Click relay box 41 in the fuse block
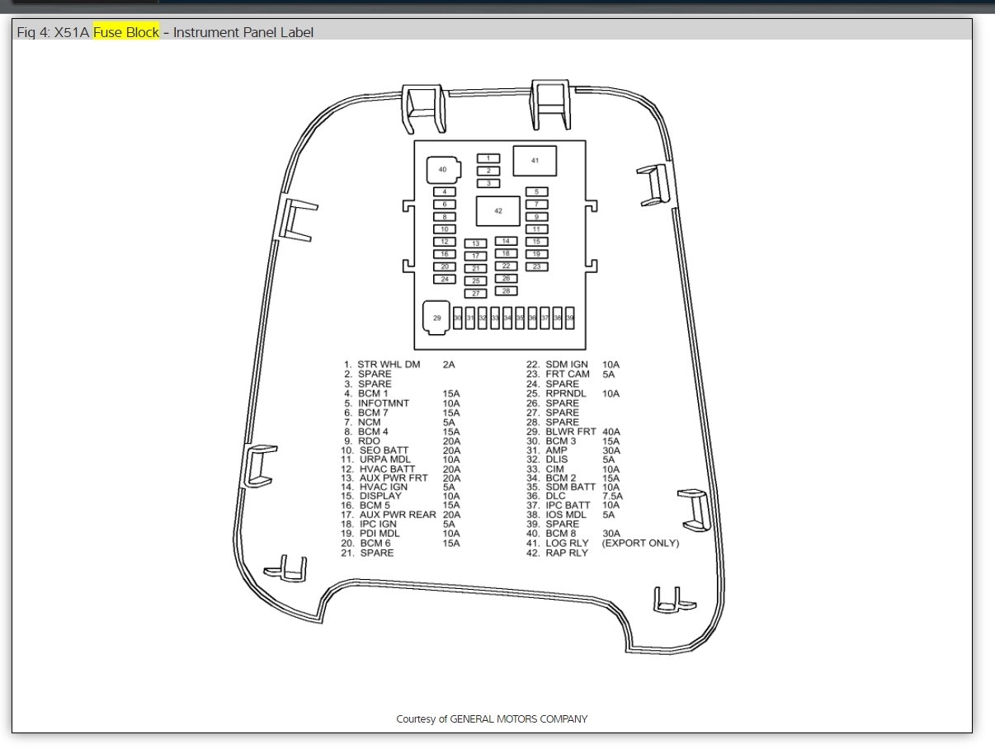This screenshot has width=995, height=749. click(535, 161)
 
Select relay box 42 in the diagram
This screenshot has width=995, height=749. click(498, 211)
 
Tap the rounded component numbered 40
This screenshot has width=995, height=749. click(442, 170)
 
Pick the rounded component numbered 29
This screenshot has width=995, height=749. click(437, 318)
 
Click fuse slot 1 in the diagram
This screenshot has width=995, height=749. click(488, 158)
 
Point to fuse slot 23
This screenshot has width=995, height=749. click(536, 266)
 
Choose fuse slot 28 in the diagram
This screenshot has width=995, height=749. click(506, 291)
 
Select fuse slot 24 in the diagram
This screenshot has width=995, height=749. click(445, 279)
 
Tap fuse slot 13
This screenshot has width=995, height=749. click(476, 244)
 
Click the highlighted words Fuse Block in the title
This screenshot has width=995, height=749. click(126, 33)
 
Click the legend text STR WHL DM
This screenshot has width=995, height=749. click(389, 364)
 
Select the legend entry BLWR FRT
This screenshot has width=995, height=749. click(571, 431)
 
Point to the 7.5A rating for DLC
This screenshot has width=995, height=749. click(613, 496)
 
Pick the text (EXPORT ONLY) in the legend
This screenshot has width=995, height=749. click(640, 544)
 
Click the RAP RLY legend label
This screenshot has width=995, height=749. click(567, 553)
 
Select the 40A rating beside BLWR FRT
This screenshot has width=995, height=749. click(611, 431)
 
